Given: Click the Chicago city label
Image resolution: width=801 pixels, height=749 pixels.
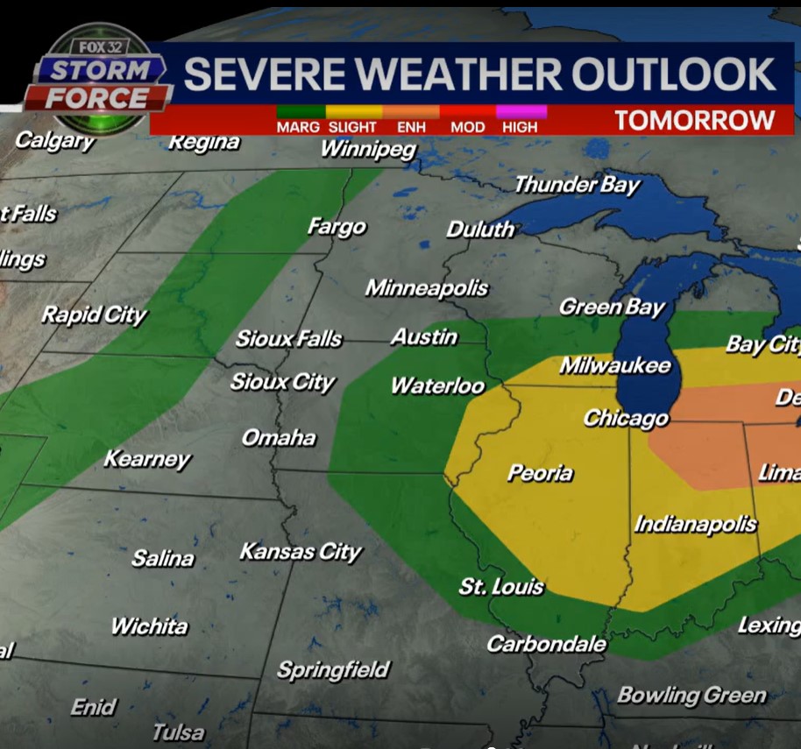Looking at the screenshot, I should [626, 419].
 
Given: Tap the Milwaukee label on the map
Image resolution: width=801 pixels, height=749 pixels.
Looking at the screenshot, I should [615, 365].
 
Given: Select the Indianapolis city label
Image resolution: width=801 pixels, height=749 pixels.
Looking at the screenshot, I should [695, 524].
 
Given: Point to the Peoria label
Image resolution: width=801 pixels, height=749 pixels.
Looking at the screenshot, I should [540, 473].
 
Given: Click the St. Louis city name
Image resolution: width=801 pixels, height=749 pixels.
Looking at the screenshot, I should [501, 586].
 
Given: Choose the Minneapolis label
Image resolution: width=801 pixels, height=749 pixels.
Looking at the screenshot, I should [427, 287].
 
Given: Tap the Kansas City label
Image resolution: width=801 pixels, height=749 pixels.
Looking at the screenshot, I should [301, 551].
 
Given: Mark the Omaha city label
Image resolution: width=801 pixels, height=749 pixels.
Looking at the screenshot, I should [279, 437].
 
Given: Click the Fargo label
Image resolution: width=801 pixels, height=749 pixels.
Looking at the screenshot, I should [337, 227].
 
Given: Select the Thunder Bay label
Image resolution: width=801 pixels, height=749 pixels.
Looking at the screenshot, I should [577, 184].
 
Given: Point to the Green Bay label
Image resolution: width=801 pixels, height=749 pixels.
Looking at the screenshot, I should [612, 307].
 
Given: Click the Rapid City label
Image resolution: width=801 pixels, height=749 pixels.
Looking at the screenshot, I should [94, 314].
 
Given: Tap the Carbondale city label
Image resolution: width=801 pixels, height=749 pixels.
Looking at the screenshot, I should [546, 644].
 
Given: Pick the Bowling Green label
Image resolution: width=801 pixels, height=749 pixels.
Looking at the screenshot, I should [691, 696].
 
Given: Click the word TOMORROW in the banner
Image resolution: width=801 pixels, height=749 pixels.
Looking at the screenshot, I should [694, 120].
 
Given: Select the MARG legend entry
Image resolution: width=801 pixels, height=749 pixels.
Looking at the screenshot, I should [298, 127].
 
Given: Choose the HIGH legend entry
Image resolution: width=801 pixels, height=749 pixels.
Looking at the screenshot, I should [520, 127].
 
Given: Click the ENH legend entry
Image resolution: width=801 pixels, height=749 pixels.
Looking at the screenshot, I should [411, 127].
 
